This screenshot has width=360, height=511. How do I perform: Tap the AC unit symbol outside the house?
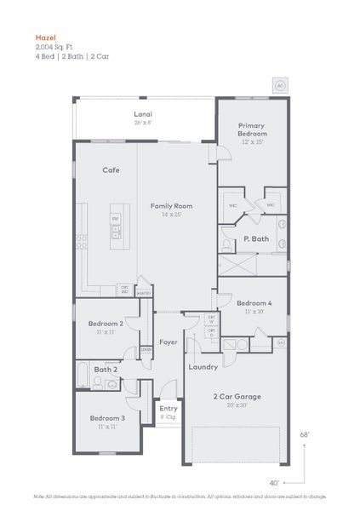tap(278, 84)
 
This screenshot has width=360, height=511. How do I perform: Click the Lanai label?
tap(143, 114)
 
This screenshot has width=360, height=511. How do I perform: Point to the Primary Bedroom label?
tap(252, 129)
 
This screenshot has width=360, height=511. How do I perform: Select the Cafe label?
tap(111, 169)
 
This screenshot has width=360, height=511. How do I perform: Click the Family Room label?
tap(171, 206)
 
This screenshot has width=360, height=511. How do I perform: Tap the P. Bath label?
tap(255, 239)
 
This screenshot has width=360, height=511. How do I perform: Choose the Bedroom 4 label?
tap(254, 303)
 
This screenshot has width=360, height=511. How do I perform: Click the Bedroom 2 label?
tap(106, 324)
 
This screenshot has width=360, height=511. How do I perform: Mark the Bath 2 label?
tap(106, 369)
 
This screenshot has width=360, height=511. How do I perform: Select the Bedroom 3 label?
tap(107, 418)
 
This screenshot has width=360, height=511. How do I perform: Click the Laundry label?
tap(203, 367)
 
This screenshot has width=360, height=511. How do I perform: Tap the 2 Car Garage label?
tap(237, 397)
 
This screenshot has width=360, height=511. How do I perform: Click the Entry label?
tap(169, 409)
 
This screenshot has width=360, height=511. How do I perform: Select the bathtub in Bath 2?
tap(83, 373)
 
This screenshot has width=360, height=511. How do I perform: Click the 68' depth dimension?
tap(304, 434)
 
